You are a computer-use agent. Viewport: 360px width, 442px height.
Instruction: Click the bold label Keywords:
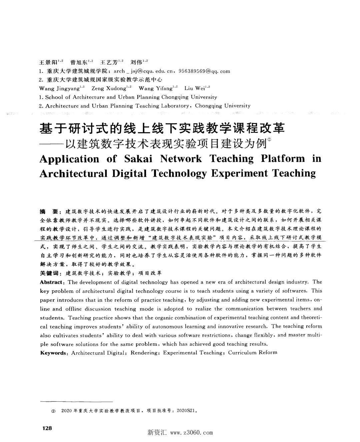54,353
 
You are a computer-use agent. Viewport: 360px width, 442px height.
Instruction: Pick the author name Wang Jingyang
59,89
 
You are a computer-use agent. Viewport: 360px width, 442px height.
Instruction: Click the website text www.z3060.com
191,433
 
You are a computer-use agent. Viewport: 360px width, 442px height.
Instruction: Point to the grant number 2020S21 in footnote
187,411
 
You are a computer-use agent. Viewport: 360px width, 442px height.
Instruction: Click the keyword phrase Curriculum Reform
252,353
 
